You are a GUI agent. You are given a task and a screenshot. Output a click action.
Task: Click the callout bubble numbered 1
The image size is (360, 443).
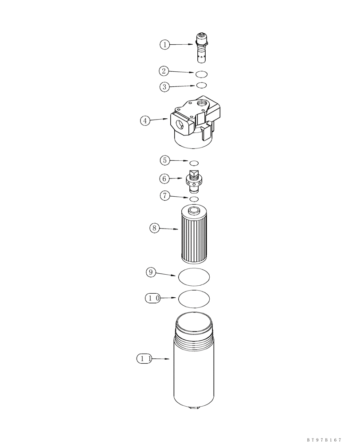[x=165, y=44]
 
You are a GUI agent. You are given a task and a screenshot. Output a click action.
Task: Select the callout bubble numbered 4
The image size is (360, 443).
[x=145, y=120]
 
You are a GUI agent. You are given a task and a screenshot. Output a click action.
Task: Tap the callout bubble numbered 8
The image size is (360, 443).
[x=155, y=228]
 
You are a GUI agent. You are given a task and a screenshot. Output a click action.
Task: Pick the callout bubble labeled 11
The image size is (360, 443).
[x=145, y=359]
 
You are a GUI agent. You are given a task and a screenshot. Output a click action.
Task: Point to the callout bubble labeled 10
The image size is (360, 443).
[x=153, y=298]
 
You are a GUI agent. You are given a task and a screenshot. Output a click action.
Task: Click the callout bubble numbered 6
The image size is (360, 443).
[x=165, y=179]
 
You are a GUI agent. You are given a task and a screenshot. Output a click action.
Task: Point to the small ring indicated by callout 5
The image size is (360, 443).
[x=194, y=163]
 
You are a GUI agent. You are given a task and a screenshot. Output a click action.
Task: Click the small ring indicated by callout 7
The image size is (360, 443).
[x=194, y=198]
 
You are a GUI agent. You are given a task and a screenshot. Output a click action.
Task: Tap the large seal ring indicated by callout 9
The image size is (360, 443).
[x=194, y=276]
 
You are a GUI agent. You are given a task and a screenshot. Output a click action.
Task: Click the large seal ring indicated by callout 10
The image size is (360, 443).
[x=194, y=299]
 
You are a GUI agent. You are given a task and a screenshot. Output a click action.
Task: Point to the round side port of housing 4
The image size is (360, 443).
[x=181, y=124]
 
